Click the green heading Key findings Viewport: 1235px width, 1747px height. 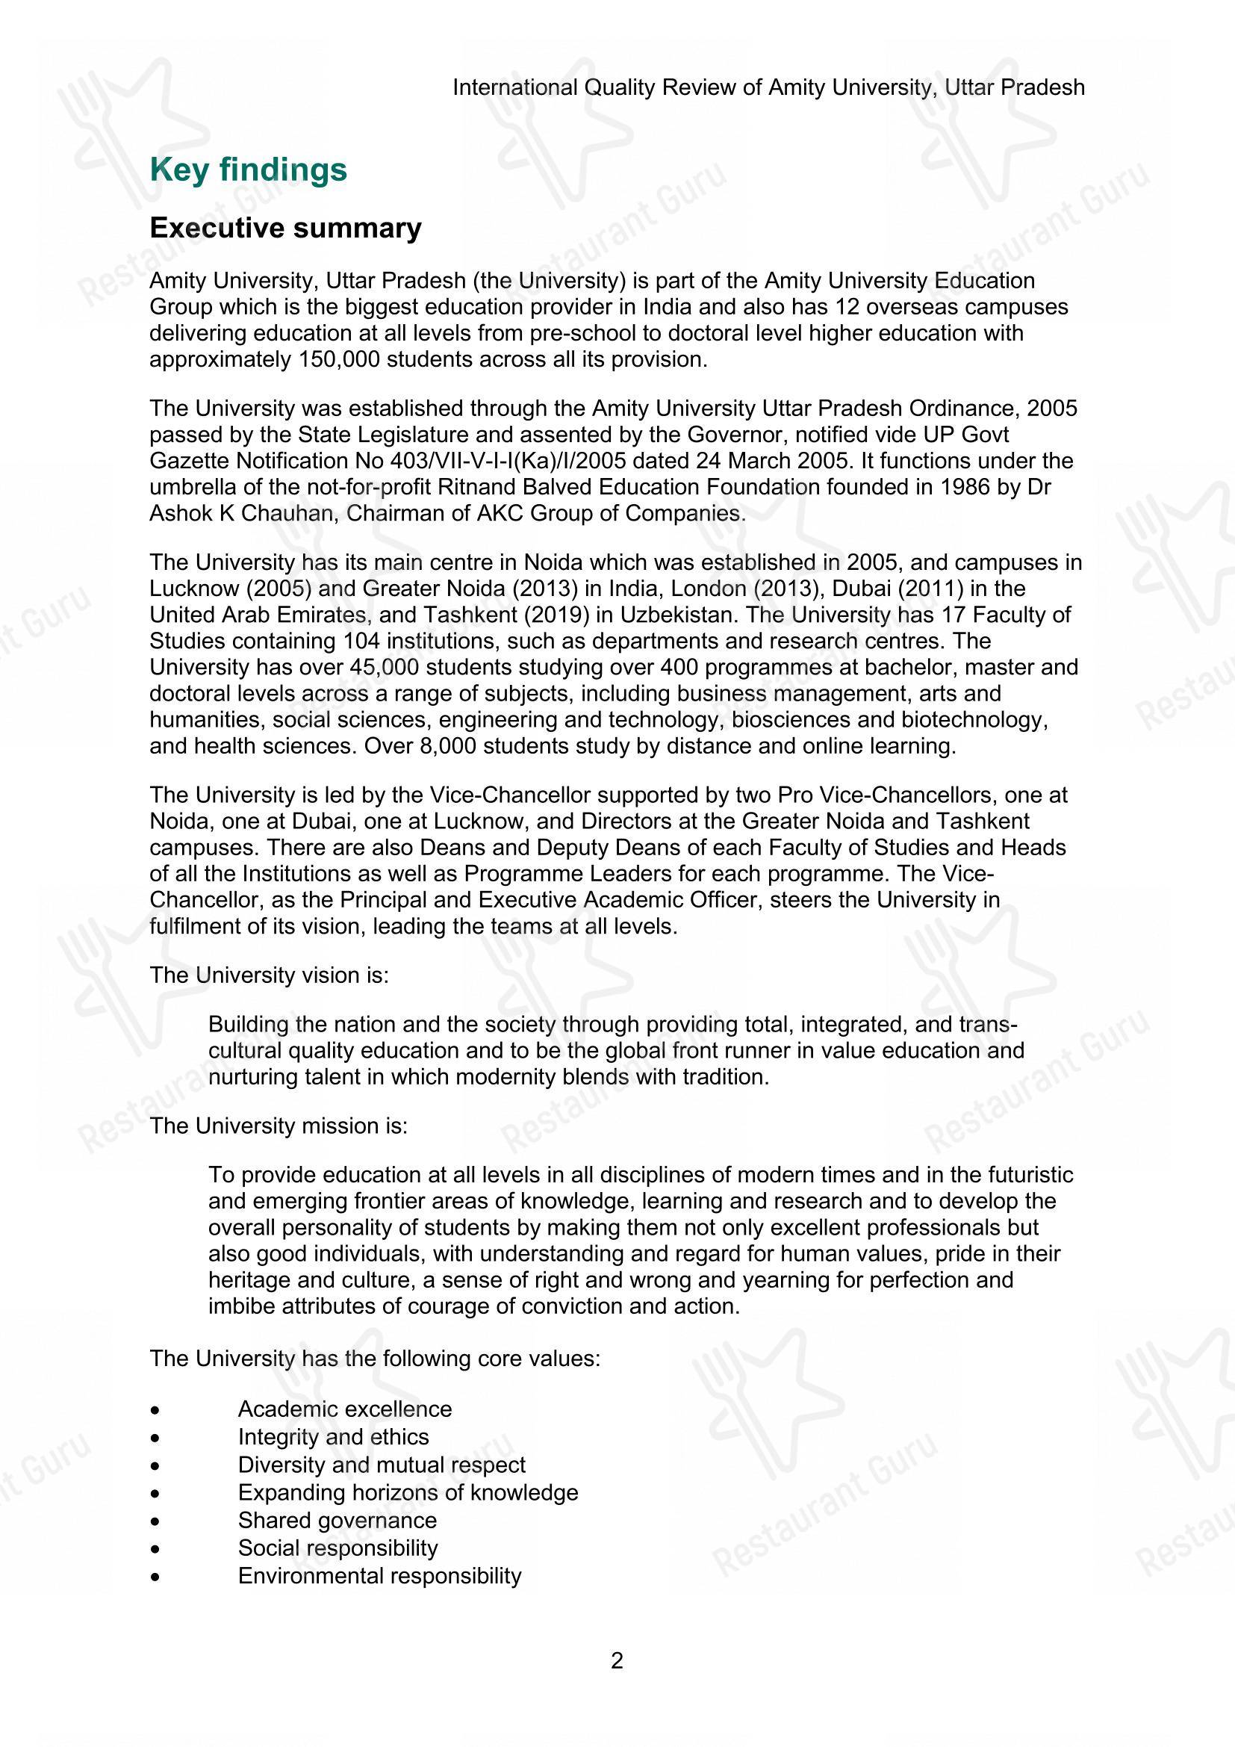248,170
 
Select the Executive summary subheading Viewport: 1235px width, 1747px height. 285,229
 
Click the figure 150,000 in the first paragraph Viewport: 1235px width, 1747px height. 336,359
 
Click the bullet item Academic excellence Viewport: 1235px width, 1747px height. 344,1409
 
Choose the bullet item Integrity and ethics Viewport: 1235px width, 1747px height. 333,1436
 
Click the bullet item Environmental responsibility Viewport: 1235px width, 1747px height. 379,1576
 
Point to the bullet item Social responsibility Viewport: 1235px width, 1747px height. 337,1548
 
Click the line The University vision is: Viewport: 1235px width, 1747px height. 270,975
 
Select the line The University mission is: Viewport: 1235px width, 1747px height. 279,1126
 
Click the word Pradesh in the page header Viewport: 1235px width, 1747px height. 1042,88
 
